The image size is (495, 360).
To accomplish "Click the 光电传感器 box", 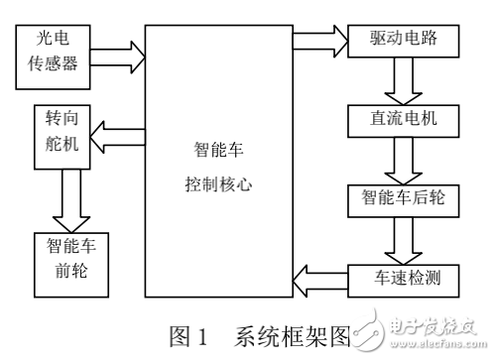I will click(x=57, y=53).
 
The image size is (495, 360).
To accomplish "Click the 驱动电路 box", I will click(x=406, y=42).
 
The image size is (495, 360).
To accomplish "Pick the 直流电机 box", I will click(x=406, y=120).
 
